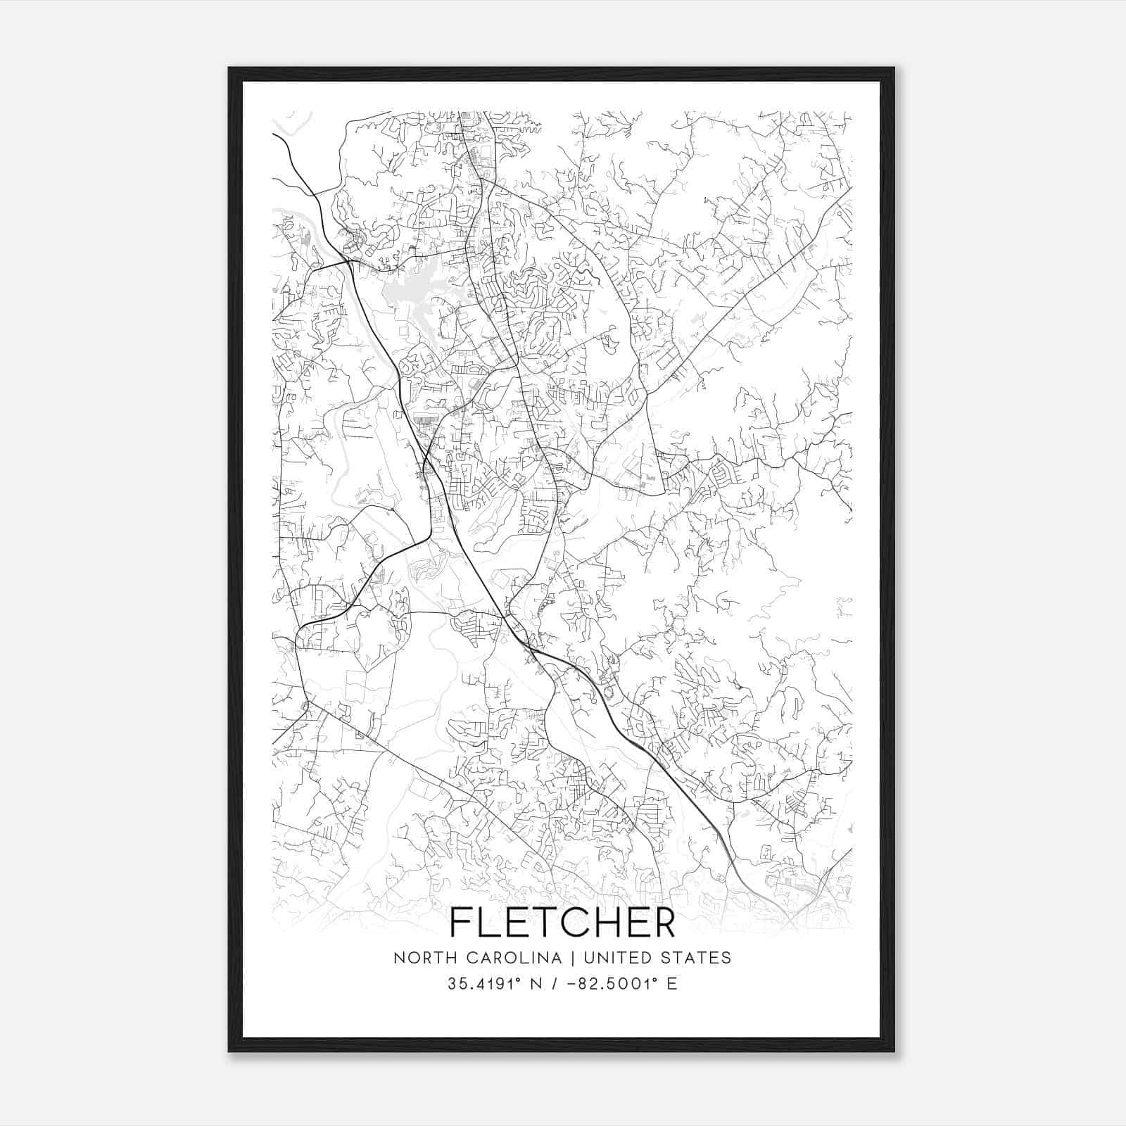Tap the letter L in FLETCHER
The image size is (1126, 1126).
(493, 922)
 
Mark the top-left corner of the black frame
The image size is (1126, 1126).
(229, 68)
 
